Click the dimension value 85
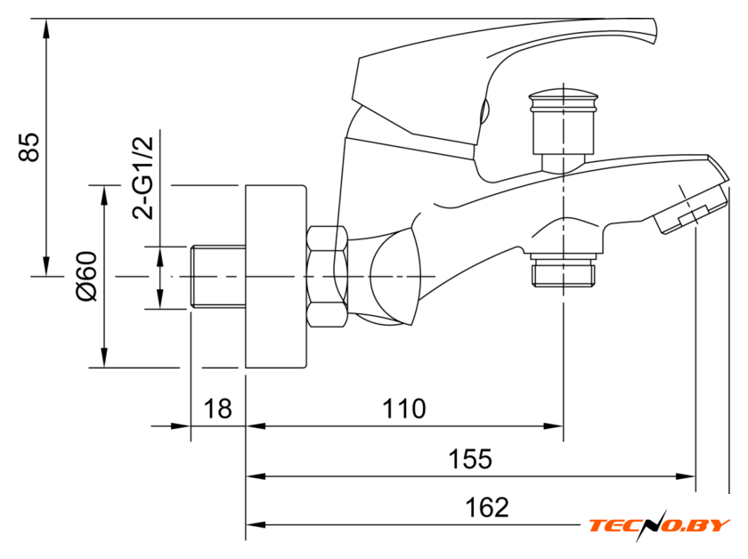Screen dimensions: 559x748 (30, 148)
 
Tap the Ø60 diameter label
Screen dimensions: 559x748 (85, 276)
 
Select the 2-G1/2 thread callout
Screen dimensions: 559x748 (142, 176)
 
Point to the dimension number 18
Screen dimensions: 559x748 (217, 409)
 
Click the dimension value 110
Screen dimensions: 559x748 (404, 409)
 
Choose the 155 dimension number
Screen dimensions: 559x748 (469, 459)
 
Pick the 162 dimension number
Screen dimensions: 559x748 (487, 507)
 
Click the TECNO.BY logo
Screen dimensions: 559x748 (659, 525)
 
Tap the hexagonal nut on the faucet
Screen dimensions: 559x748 (327, 277)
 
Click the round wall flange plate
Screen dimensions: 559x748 (276, 276)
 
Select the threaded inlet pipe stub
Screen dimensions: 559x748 (217, 277)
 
